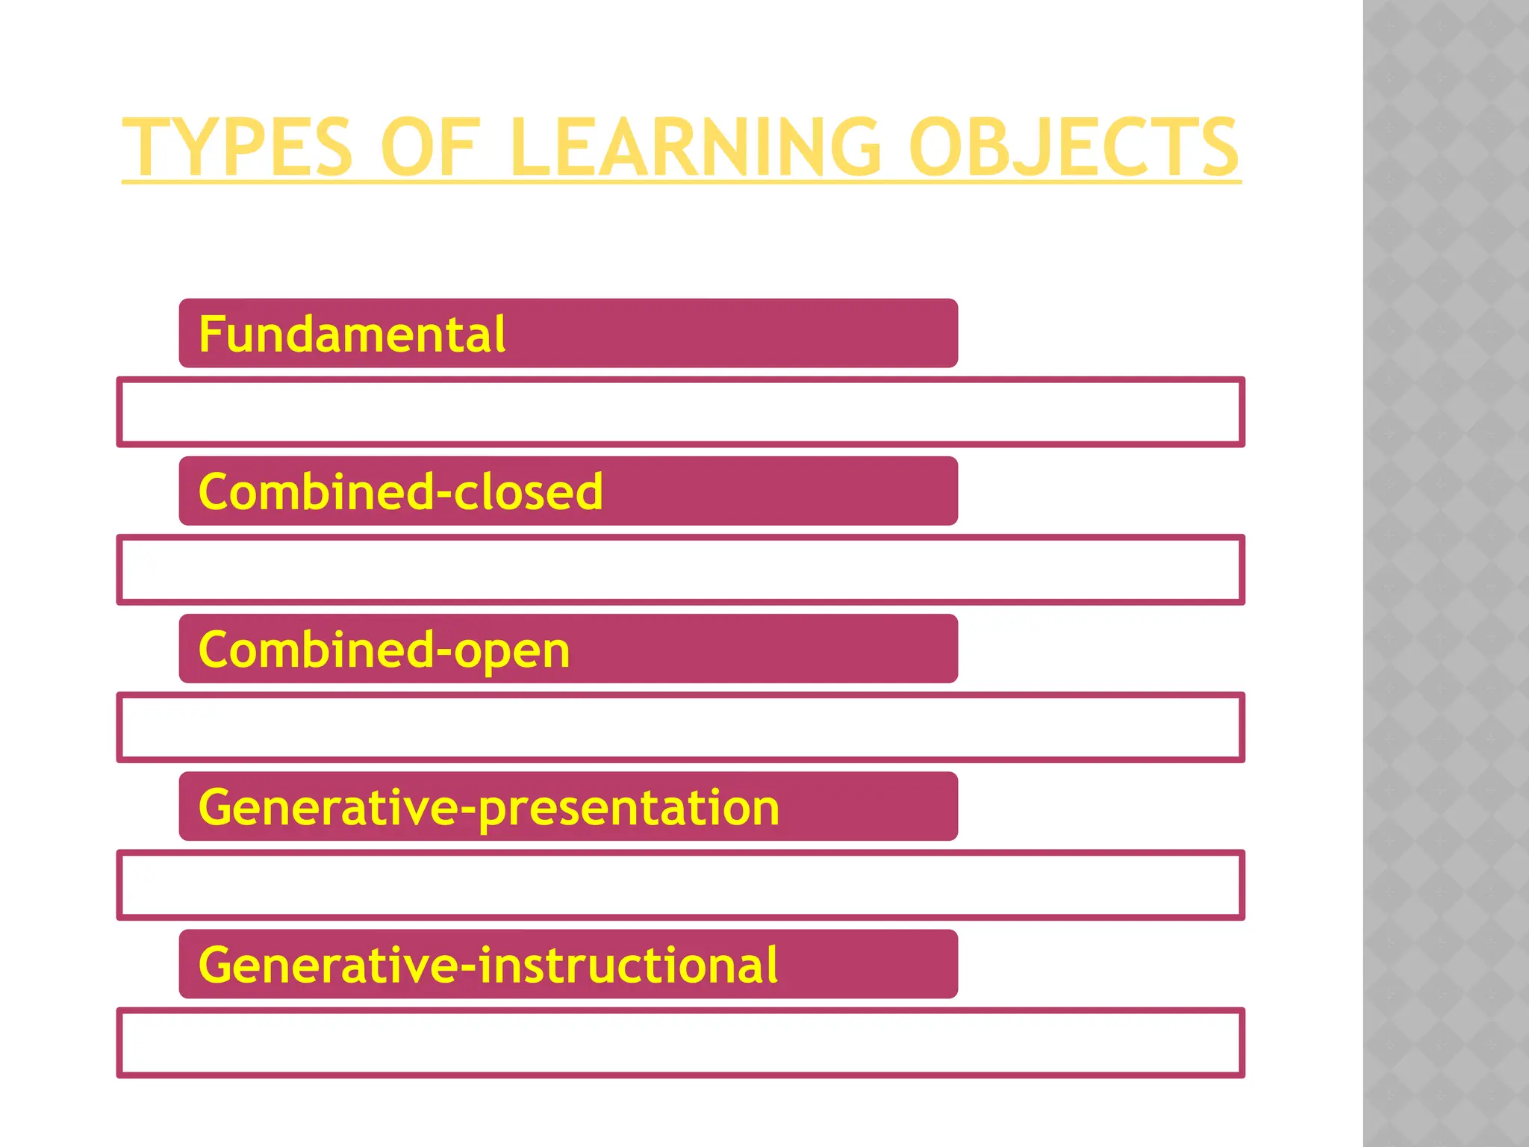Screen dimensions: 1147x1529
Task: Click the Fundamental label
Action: coord(352,334)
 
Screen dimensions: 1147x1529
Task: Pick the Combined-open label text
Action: coord(384,650)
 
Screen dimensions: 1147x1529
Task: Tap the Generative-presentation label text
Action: coord(489,807)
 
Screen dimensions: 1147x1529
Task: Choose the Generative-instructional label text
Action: coord(488,965)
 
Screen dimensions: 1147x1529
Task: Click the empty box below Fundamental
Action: coord(680,412)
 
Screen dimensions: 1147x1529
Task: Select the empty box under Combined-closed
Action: coord(680,570)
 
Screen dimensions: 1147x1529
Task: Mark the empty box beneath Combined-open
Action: coord(680,727)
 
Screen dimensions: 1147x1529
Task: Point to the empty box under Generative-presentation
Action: coord(680,885)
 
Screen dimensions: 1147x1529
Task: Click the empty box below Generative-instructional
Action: coord(680,1042)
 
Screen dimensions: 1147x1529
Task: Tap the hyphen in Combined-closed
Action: coord(441,494)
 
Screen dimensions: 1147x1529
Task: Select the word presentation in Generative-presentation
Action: coord(629,809)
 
